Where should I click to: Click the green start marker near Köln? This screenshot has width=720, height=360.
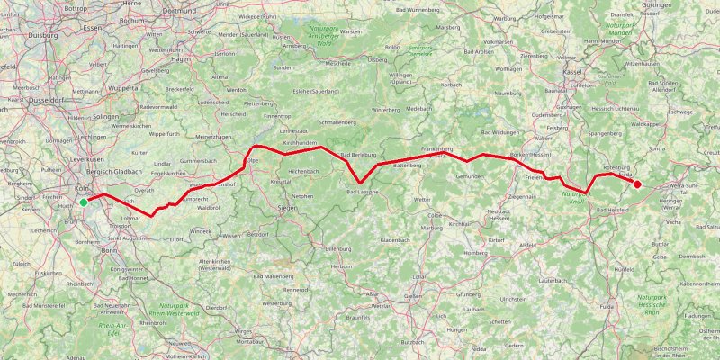click(84, 202)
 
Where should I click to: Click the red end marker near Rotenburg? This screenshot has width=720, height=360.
click(637, 184)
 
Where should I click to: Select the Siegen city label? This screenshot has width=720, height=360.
click(288, 208)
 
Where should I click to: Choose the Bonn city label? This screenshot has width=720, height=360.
click(110, 249)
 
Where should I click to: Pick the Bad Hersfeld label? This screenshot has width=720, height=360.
click(611, 209)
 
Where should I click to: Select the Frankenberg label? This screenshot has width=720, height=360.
click(436, 148)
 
